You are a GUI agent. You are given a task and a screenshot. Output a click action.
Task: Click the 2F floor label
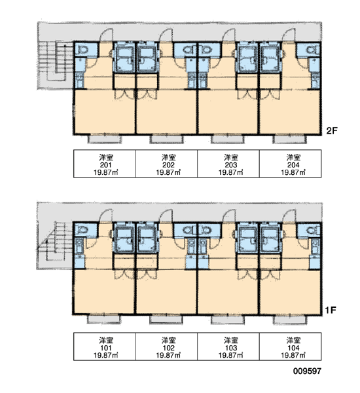point(332,130)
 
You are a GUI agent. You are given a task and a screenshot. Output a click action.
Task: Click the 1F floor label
point(331,310)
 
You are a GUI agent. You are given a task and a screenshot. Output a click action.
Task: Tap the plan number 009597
point(307,371)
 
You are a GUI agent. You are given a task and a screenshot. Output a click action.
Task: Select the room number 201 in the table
point(106,165)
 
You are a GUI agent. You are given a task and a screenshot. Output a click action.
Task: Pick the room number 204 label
point(293,165)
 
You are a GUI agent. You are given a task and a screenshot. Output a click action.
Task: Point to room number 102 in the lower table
point(168,348)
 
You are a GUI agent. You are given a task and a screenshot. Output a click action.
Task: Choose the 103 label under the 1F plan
point(231,348)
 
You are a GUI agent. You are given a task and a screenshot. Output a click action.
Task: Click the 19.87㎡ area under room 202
point(168,172)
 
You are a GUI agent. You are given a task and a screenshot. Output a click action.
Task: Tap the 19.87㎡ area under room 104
point(293,356)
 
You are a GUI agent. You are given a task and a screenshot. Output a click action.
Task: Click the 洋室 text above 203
point(231,158)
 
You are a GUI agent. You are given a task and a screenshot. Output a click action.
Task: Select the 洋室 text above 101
point(106,341)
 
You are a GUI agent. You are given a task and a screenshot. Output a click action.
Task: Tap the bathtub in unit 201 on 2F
point(124,59)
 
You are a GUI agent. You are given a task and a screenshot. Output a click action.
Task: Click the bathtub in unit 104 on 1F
point(270,240)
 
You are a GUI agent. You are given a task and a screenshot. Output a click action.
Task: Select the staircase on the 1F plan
point(54,241)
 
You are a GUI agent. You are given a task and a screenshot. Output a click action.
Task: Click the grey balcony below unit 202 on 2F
point(167,139)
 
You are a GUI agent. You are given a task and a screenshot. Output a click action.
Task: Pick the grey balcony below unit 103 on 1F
point(228,320)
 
